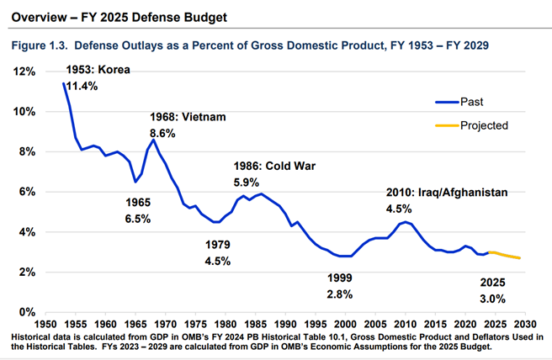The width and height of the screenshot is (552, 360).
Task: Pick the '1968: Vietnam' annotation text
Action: pos(188,117)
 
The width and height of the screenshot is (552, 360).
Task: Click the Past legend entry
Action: pos(471,102)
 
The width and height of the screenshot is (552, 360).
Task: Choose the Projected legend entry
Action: pos(484,124)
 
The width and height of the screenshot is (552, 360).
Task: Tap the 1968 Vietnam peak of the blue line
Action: pos(153,140)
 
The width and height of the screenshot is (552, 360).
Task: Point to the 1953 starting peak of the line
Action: pos(64,83)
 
